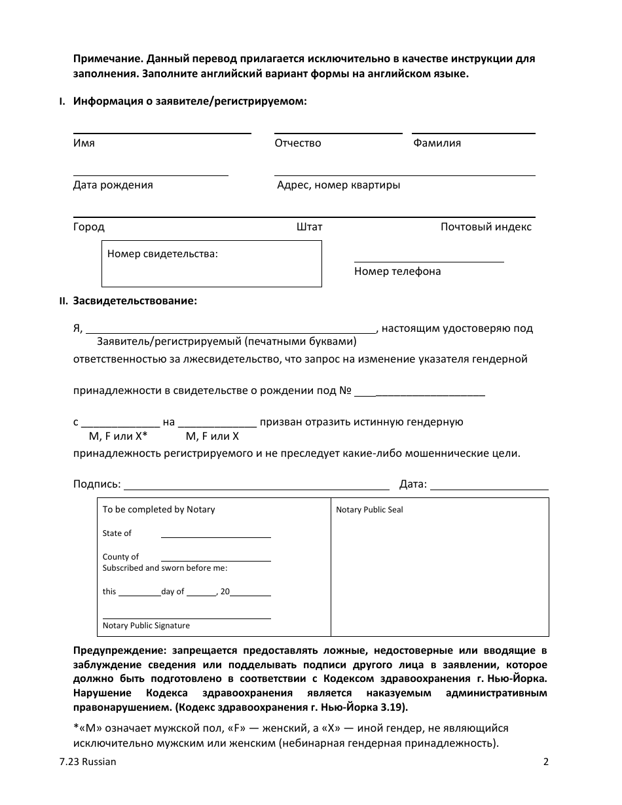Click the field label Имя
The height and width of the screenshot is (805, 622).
click(84, 143)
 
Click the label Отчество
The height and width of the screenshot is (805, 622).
click(298, 143)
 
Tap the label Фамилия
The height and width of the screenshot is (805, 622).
click(437, 143)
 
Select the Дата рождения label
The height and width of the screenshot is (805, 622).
click(113, 185)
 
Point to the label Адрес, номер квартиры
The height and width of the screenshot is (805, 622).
click(338, 185)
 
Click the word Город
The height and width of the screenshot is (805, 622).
click(88, 227)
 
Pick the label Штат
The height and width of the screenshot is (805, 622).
click(309, 227)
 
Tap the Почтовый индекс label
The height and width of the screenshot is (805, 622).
click(486, 227)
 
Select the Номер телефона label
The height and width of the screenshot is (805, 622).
click(397, 271)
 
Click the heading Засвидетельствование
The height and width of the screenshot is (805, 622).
click(135, 301)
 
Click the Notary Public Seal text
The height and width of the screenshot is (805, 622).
click(369, 510)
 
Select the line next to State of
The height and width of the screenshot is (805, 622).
click(215, 535)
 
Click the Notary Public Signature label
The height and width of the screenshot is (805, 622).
click(146, 626)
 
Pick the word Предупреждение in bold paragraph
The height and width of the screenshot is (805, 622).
click(119, 651)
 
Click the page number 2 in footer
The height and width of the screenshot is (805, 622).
click(545, 762)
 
